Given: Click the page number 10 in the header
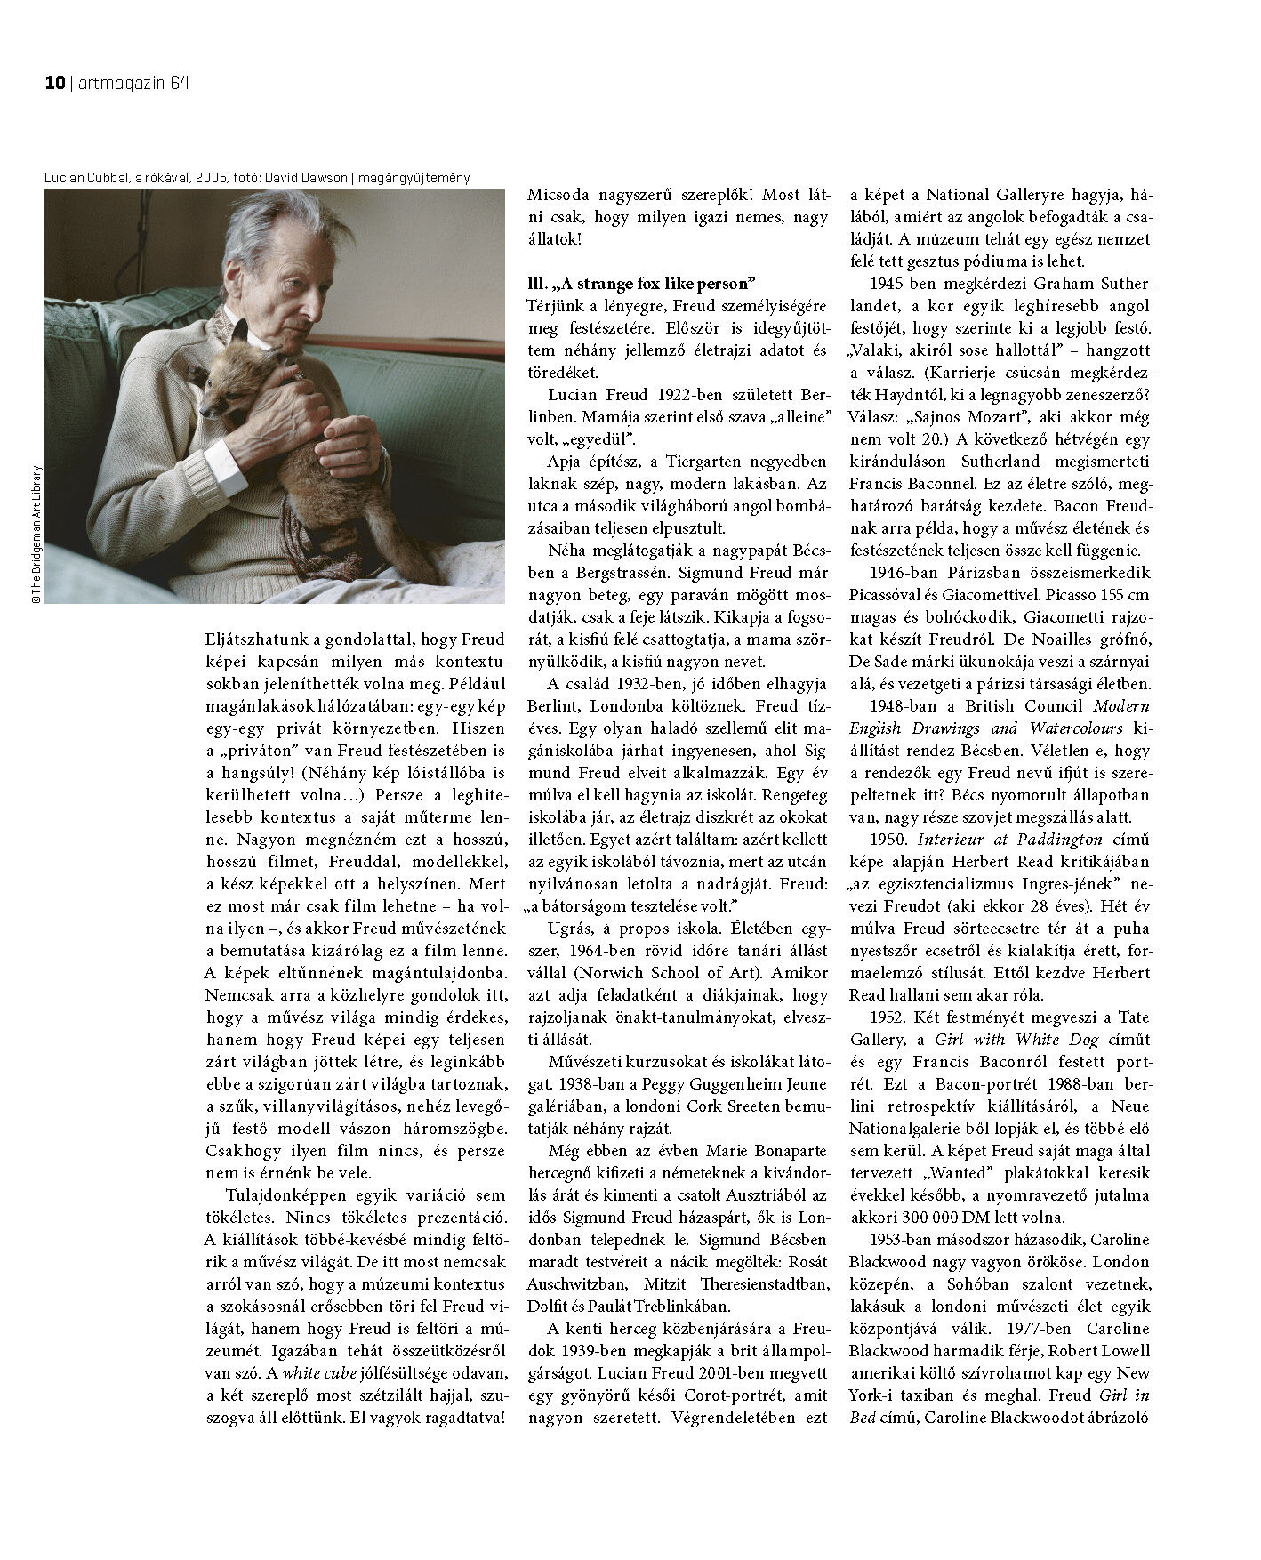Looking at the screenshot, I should (53, 84).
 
